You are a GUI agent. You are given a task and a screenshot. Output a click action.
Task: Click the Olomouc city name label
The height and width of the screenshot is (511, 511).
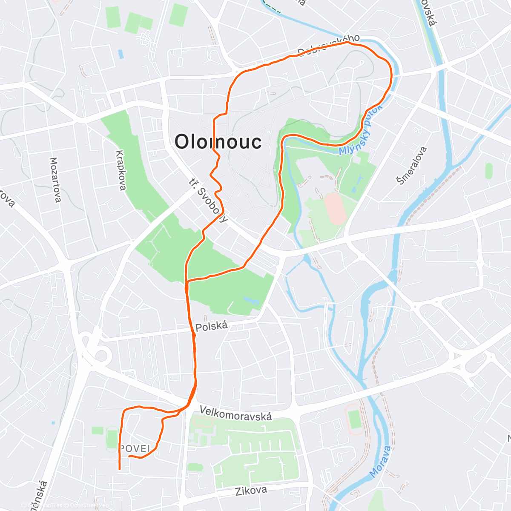[x=218, y=142]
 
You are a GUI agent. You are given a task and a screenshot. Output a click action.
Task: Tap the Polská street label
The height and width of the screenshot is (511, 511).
[x=212, y=327]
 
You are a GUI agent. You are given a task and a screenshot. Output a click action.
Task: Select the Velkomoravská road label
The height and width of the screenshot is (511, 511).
[x=235, y=413]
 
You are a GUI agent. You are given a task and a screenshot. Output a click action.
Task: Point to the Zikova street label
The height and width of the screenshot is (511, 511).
[x=251, y=491]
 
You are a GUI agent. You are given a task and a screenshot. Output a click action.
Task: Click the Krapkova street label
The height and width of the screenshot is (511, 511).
[x=121, y=170]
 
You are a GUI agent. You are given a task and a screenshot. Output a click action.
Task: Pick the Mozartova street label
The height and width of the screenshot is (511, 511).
[x=55, y=180]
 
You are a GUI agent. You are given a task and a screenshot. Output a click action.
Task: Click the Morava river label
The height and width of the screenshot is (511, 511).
[x=380, y=462]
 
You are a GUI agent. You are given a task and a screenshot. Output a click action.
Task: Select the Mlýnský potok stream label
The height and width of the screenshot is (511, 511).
[x=361, y=129]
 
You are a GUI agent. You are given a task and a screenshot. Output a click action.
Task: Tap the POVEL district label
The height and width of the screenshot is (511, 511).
[x=135, y=448]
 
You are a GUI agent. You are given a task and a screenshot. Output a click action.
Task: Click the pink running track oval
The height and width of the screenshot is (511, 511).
[x=336, y=209]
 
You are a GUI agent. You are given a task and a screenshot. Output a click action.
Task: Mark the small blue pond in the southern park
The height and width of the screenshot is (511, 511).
[x=252, y=301]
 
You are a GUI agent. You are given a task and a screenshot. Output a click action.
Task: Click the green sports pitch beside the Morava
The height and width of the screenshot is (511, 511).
[x=354, y=419]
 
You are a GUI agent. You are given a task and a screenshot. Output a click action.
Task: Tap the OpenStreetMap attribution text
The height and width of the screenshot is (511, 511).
[x=85, y=505]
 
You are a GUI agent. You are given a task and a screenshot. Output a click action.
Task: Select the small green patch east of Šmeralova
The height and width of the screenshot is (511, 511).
[x=488, y=171]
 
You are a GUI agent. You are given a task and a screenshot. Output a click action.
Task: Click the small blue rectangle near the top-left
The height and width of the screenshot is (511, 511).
[x=121, y=54]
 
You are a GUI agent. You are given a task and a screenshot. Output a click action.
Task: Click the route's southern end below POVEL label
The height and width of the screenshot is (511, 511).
[x=119, y=468]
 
